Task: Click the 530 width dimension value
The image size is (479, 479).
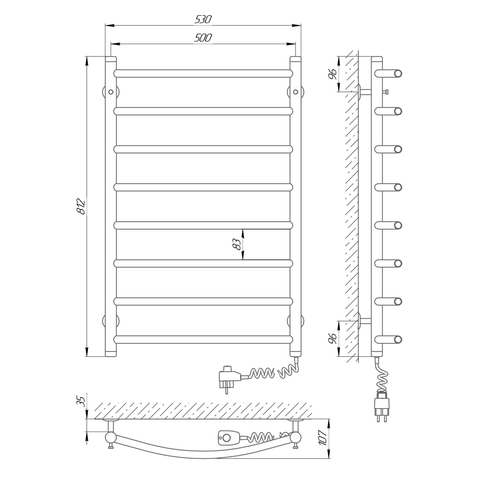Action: click(203, 20)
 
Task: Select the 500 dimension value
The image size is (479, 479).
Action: click(203, 38)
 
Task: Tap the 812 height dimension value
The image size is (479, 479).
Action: click(81, 206)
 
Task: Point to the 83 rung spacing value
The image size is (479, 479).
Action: click(237, 244)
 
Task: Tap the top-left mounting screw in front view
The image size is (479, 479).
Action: click(111, 92)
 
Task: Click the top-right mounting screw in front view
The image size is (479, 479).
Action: click(296, 92)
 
